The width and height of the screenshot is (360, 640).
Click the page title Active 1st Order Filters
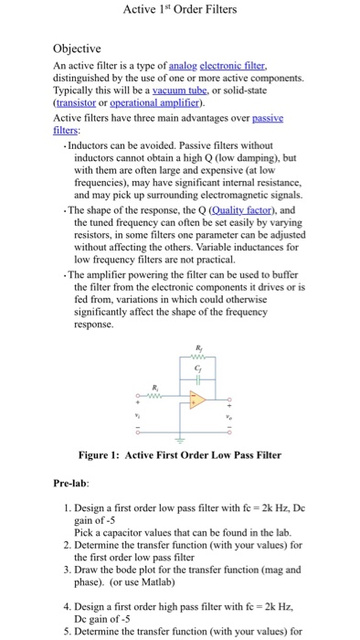179,10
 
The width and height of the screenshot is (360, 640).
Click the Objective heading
77,48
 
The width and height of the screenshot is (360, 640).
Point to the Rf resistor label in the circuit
200,347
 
